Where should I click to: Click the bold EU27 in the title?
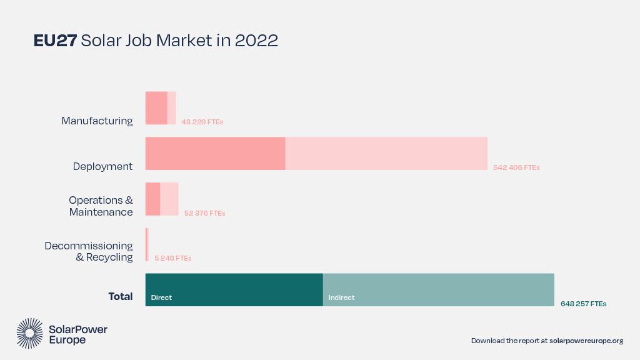(55, 41)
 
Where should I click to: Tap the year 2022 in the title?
(256, 41)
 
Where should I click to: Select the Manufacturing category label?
(97, 121)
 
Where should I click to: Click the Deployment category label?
(102, 166)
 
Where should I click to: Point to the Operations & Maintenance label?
(101, 206)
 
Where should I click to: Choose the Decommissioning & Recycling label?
(89, 251)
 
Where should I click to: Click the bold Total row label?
(120, 296)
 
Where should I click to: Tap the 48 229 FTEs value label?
(202, 122)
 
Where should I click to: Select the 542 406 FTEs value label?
(516, 167)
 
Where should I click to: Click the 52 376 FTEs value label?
(204, 213)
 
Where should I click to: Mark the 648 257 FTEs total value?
(583, 304)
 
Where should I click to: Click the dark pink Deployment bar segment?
(215, 154)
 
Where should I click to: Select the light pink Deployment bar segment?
(386, 154)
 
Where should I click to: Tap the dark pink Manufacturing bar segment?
(156, 108)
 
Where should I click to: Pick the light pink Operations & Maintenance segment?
(169, 199)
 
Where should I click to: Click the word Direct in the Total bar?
(161, 297)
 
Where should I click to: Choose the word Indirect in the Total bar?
(341, 297)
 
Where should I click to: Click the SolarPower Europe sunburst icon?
(29, 333)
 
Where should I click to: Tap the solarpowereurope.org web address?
(586, 341)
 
